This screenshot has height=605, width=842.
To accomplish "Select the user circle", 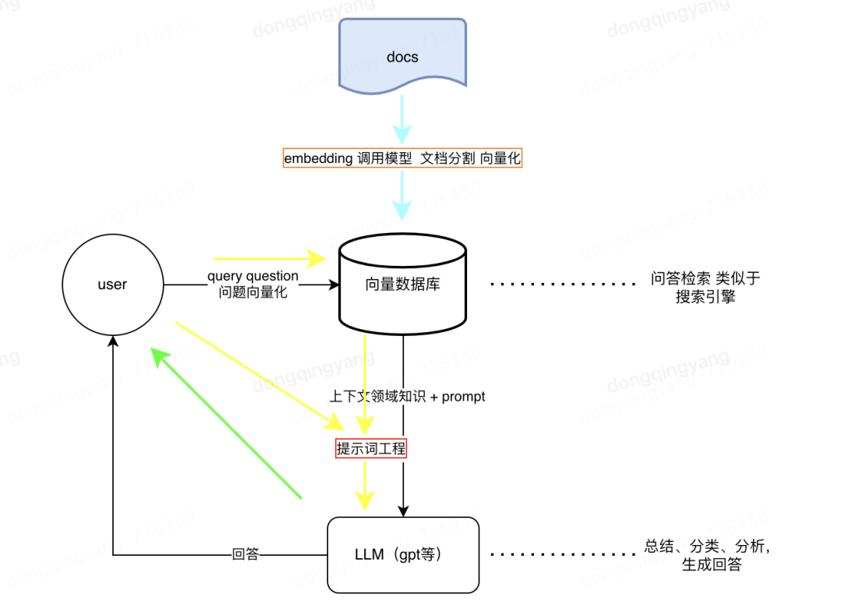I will point(112,285).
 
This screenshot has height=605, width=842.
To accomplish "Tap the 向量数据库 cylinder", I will point(402,285).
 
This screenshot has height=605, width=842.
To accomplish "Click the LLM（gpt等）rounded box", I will point(402,554).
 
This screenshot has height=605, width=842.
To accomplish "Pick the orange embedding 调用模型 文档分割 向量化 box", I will point(402,158).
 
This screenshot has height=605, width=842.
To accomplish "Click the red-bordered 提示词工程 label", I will point(371,448).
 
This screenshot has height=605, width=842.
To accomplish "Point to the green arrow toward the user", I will point(226,422).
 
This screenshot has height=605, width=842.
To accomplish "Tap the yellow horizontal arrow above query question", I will point(269,258).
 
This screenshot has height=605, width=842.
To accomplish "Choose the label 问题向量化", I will point(253,293).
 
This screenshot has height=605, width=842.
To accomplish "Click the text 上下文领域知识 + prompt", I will point(408,397).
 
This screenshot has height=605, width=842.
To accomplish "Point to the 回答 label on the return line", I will point(245,555).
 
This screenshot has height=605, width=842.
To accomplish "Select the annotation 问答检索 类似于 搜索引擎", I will point(705,287).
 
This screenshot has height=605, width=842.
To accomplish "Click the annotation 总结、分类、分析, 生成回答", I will point(706,555).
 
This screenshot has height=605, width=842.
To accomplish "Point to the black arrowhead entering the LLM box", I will point(403,510).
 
